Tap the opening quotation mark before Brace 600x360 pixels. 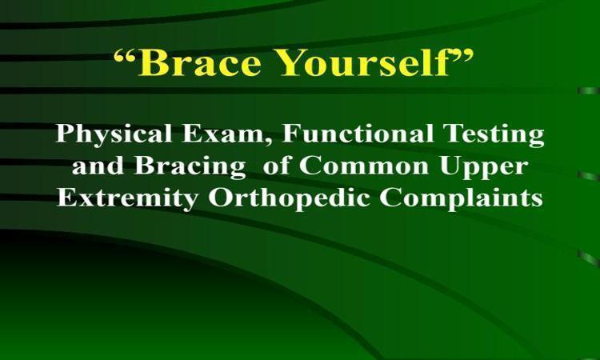point(125,56)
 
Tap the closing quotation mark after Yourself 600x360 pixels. point(462,56)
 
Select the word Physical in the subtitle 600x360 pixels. point(114,135)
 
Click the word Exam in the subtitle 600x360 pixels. point(223,134)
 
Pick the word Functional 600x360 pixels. point(358,134)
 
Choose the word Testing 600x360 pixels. point(494,135)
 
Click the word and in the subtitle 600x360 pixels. point(98,166)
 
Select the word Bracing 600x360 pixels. point(190,167)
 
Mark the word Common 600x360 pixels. point(364,166)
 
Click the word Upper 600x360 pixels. point(484,167)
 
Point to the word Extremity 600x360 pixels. point(127,199)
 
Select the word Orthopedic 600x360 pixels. point(289,199)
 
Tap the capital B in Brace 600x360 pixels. point(152,62)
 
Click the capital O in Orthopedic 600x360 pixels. point(219,198)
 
